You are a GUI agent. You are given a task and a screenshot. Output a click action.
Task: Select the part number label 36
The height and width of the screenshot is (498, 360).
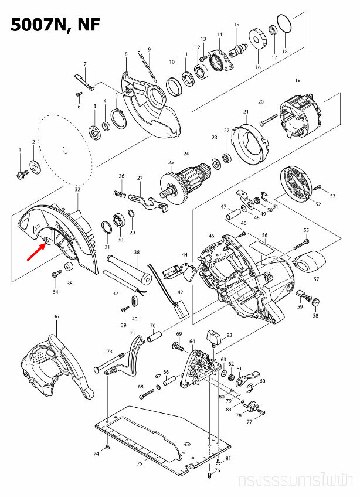[56, 316]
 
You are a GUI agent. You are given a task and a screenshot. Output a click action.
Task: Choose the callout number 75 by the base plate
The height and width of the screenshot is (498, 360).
[139, 463]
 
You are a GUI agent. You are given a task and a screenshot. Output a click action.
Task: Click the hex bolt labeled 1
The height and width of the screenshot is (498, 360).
[21, 173]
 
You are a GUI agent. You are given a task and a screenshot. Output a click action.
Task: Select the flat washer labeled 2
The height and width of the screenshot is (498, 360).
[35, 168]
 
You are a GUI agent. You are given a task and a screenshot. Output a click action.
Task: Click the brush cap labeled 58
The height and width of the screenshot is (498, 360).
[315, 302]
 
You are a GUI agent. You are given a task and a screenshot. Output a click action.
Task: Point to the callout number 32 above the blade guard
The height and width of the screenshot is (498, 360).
[77, 190]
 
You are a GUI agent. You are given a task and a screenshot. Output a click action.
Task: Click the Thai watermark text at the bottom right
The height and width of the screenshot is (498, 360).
[298, 482]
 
